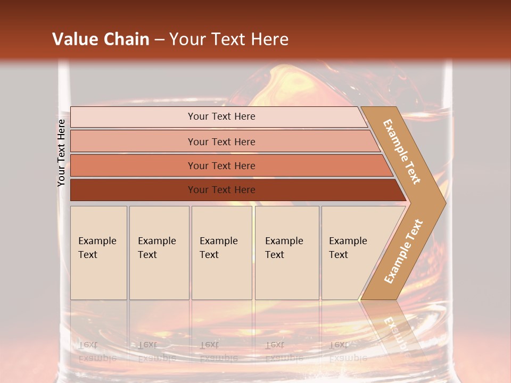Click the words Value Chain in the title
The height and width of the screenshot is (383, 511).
click(x=101, y=39)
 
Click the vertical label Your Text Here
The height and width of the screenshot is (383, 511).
click(x=61, y=153)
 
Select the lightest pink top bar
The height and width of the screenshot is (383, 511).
click(x=133, y=117)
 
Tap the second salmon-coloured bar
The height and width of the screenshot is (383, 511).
click(x=133, y=141)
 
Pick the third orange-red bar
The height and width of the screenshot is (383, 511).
click(x=133, y=165)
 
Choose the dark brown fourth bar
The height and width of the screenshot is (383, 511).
click(x=133, y=190)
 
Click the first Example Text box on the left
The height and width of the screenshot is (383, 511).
click(x=98, y=252)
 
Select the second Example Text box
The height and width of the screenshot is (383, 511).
click(x=159, y=252)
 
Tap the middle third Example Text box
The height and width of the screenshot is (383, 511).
click(x=221, y=252)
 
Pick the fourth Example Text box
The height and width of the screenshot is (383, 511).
click(x=287, y=252)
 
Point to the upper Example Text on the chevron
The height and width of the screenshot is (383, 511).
click(x=402, y=152)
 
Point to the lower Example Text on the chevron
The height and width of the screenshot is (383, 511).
click(x=403, y=251)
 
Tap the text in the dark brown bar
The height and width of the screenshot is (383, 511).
click(x=221, y=190)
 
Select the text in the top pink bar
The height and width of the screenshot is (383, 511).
click(x=221, y=116)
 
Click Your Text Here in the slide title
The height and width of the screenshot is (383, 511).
click(x=229, y=39)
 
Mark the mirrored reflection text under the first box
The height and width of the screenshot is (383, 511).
click(x=97, y=352)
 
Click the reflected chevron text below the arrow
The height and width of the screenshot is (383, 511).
click(x=396, y=332)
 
